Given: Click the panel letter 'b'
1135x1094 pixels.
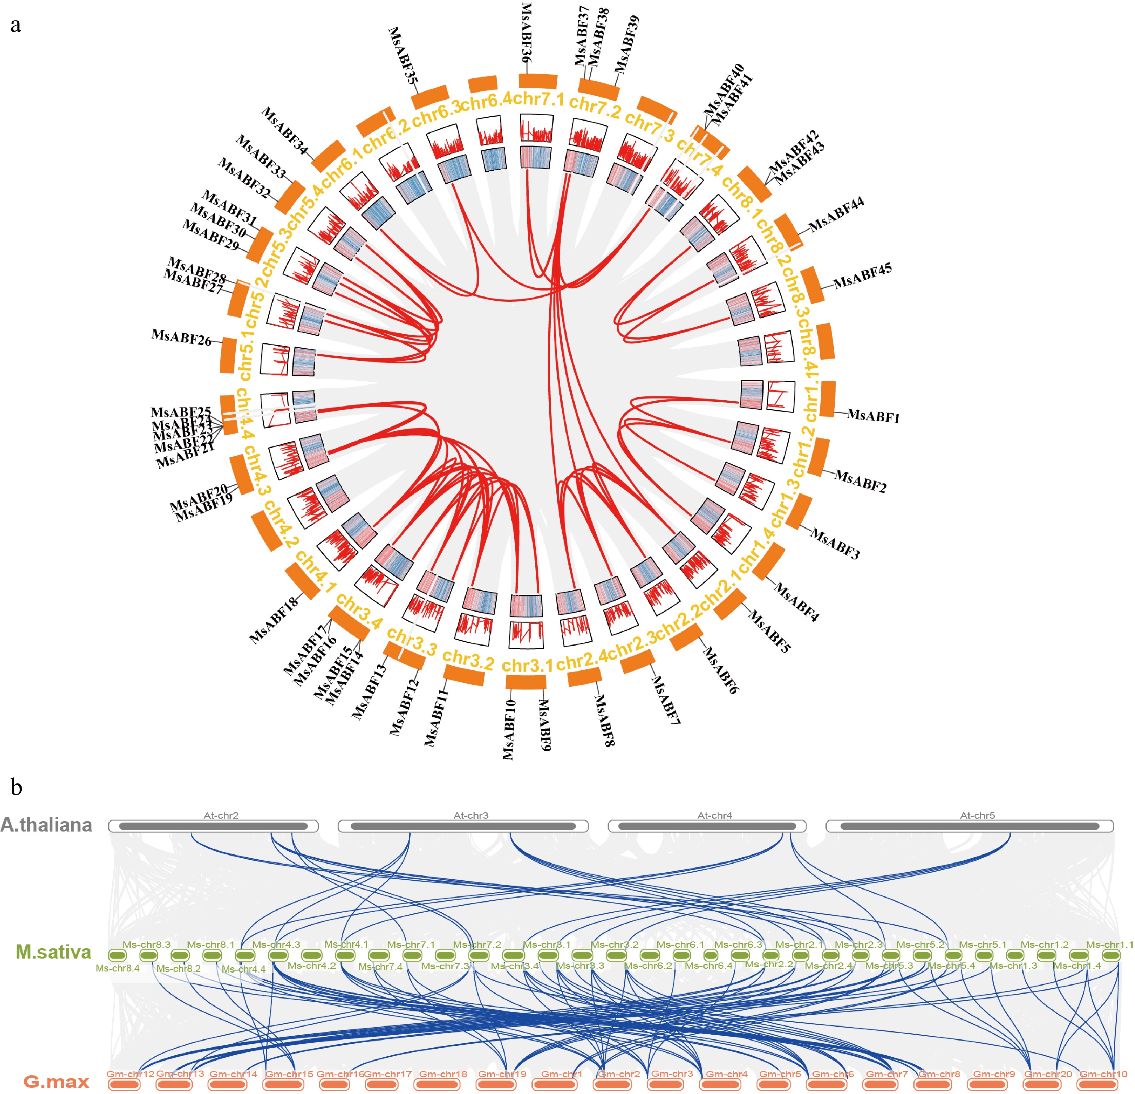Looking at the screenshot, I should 16,788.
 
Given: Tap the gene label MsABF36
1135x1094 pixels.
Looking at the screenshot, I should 526,32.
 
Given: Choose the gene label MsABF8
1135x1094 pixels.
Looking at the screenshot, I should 604,720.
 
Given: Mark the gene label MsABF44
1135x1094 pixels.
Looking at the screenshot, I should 836,214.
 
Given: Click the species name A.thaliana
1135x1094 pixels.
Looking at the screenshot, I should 46,825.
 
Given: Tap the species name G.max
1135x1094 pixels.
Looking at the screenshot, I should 56,1081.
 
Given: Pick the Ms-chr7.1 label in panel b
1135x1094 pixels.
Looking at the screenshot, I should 410,944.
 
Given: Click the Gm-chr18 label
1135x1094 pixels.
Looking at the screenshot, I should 443,1074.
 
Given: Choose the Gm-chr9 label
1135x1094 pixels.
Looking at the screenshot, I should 994,1074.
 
